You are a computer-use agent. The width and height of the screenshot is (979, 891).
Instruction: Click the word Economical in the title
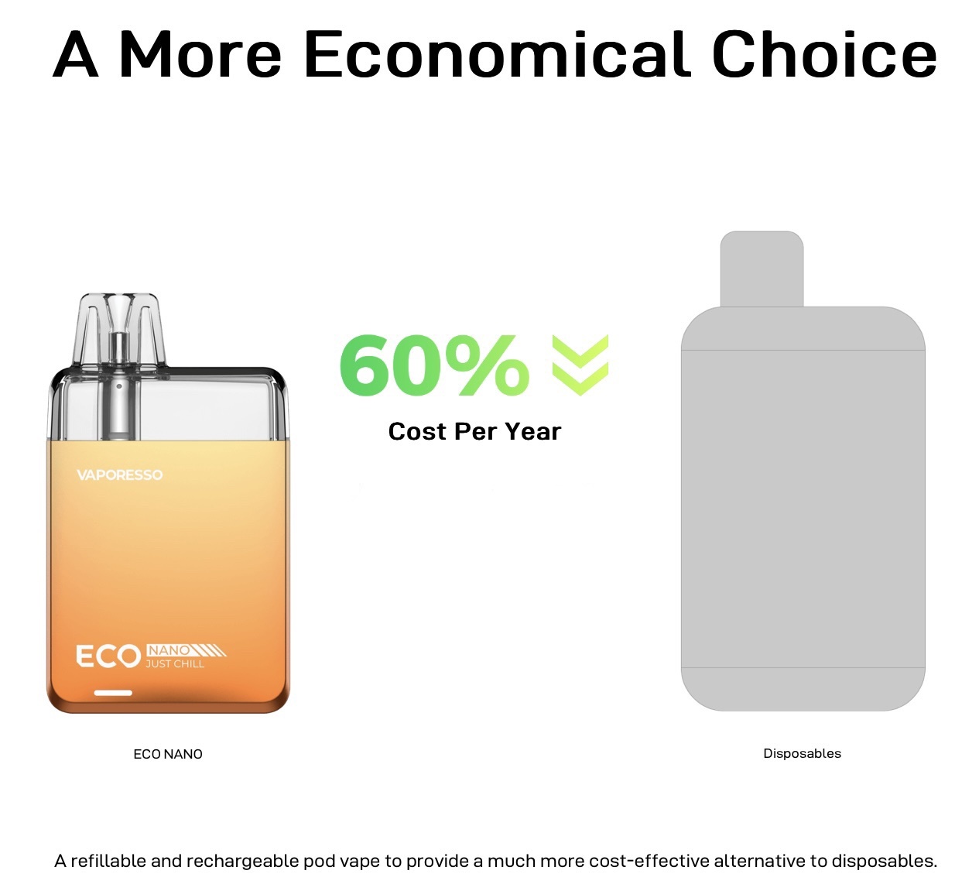[x=497, y=54]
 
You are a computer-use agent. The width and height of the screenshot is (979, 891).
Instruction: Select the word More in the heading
[x=200, y=54]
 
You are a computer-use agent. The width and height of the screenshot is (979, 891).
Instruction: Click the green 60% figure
[x=434, y=365]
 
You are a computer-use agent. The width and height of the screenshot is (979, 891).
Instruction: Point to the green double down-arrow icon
[x=580, y=365]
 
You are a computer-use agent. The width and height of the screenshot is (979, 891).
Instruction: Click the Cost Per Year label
[x=474, y=432]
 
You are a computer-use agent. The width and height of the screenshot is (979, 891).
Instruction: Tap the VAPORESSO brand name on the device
[x=119, y=475]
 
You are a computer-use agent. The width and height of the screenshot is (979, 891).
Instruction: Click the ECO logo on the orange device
[x=108, y=656]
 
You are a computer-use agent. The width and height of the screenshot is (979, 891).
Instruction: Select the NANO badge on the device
[x=169, y=650]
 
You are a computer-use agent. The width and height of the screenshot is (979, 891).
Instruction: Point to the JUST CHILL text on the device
[x=175, y=664]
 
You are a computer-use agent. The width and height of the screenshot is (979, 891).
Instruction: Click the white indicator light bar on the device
[x=113, y=693]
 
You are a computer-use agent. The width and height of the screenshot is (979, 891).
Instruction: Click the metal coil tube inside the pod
[x=119, y=386]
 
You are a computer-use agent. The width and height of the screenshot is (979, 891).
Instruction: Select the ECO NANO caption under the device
[x=168, y=754]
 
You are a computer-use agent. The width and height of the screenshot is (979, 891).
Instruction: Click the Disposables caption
[x=803, y=753]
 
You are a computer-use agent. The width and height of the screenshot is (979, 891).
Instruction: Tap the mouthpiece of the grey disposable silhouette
[x=762, y=269]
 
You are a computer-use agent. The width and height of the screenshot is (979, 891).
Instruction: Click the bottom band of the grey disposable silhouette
[x=803, y=689]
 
